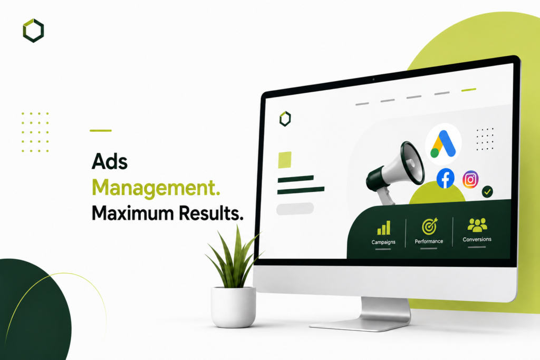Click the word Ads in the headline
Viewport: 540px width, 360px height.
(x=110, y=161)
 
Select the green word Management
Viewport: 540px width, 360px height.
(x=156, y=189)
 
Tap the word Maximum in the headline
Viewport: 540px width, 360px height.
(x=132, y=213)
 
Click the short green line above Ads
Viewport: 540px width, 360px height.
(x=101, y=130)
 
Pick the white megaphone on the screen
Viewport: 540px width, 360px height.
(x=396, y=171)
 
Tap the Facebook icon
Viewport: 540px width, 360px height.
(x=445, y=179)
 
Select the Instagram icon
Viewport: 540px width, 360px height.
(x=470, y=179)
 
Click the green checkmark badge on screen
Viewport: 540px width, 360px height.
(x=487, y=192)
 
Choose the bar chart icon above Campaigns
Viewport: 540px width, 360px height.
(x=384, y=228)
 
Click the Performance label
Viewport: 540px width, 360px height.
(x=429, y=241)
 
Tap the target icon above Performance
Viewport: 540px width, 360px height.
(x=429, y=226)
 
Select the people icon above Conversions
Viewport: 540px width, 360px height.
(x=477, y=225)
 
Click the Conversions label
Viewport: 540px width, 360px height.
(x=477, y=239)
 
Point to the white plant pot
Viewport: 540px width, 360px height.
(x=234, y=307)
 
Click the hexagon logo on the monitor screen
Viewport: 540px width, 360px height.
(x=285, y=119)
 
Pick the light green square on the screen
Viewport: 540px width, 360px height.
(x=285, y=160)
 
